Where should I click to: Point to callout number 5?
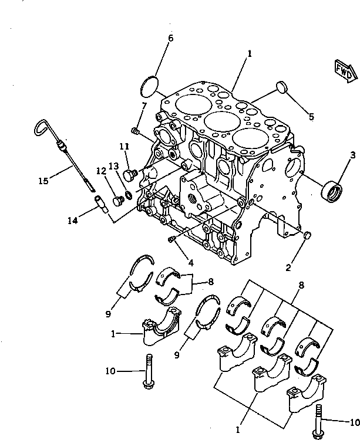[311, 117]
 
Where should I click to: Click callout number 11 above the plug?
[124, 146]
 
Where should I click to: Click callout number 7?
[143, 106]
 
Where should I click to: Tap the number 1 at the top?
[250, 53]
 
